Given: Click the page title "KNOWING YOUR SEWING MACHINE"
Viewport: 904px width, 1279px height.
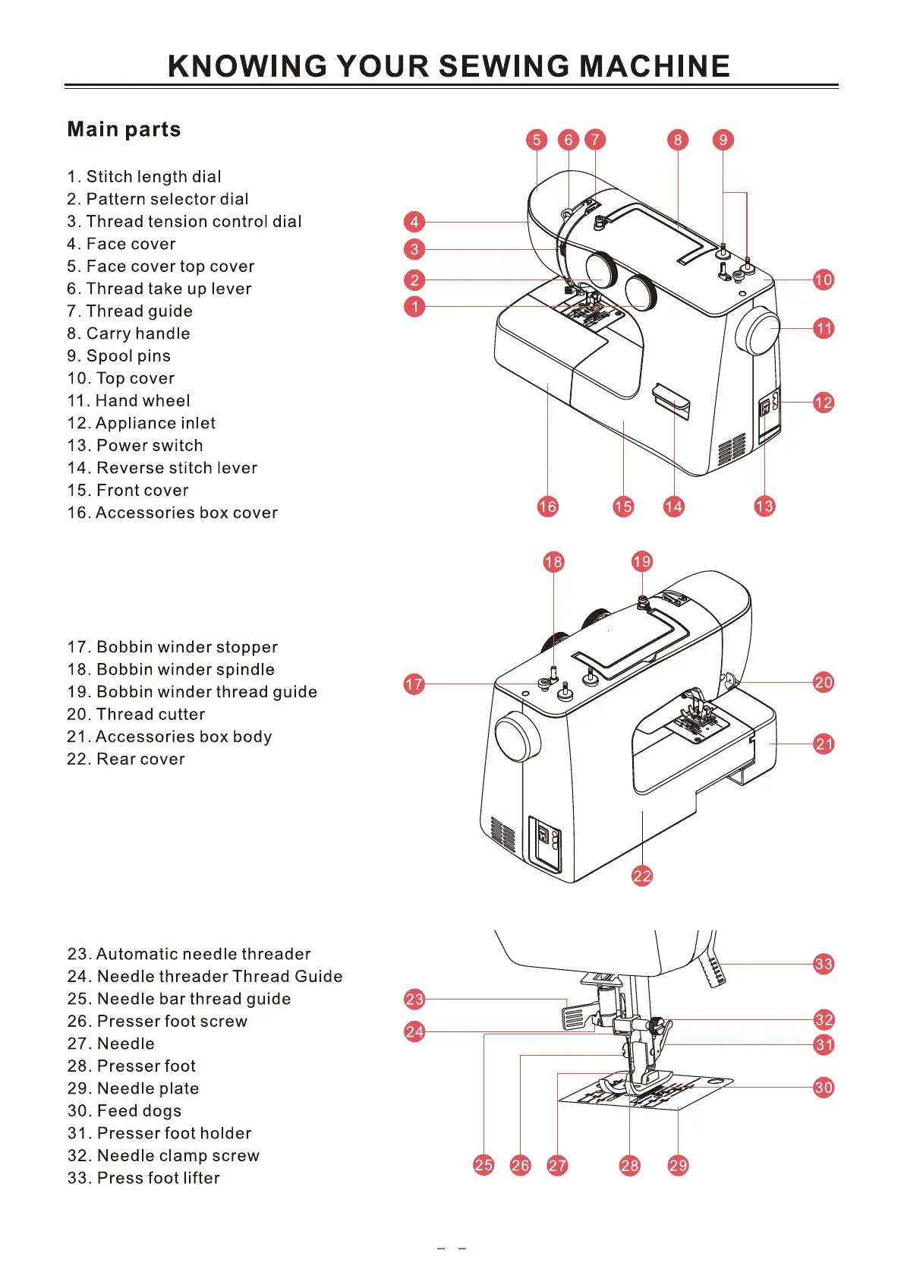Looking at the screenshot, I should pyautogui.click(x=449, y=66).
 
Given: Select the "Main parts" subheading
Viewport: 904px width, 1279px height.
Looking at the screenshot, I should pyautogui.click(x=124, y=129).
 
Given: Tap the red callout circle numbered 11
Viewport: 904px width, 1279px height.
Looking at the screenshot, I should pyautogui.click(x=824, y=329).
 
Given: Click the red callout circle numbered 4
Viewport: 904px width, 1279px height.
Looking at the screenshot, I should pyautogui.click(x=414, y=222).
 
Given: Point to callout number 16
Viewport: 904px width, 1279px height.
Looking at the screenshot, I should pyautogui.click(x=547, y=507).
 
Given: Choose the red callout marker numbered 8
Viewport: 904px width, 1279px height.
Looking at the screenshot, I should pyautogui.click(x=678, y=140).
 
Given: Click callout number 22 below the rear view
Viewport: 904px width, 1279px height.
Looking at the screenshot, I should pyautogui.click(x=642, y=876).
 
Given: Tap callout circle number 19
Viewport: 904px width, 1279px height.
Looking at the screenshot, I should pyautogui.click(x=642, y=561).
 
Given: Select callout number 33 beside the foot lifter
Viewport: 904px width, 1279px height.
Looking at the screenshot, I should pyautogui.click(x=824, y=964).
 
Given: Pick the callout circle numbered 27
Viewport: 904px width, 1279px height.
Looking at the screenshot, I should pyautogui.click(x=557, y=1165).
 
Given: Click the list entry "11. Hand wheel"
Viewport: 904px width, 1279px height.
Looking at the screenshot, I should pyautogui.click(x=128, y=401).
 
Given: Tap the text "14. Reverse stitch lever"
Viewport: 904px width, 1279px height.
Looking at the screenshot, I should pyautogui.click(x=162, y=468).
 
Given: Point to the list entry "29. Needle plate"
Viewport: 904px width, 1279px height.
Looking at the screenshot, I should pyautogui.click(x=133, y=1088).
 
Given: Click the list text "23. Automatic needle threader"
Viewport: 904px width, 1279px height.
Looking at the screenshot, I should pyautogui.click(x=189, y=954).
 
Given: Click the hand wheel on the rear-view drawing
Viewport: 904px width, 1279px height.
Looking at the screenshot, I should pyautogui.click(x=517, y=737).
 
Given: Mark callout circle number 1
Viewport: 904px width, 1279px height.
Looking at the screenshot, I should pyautogui.click(x=414, y=307).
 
